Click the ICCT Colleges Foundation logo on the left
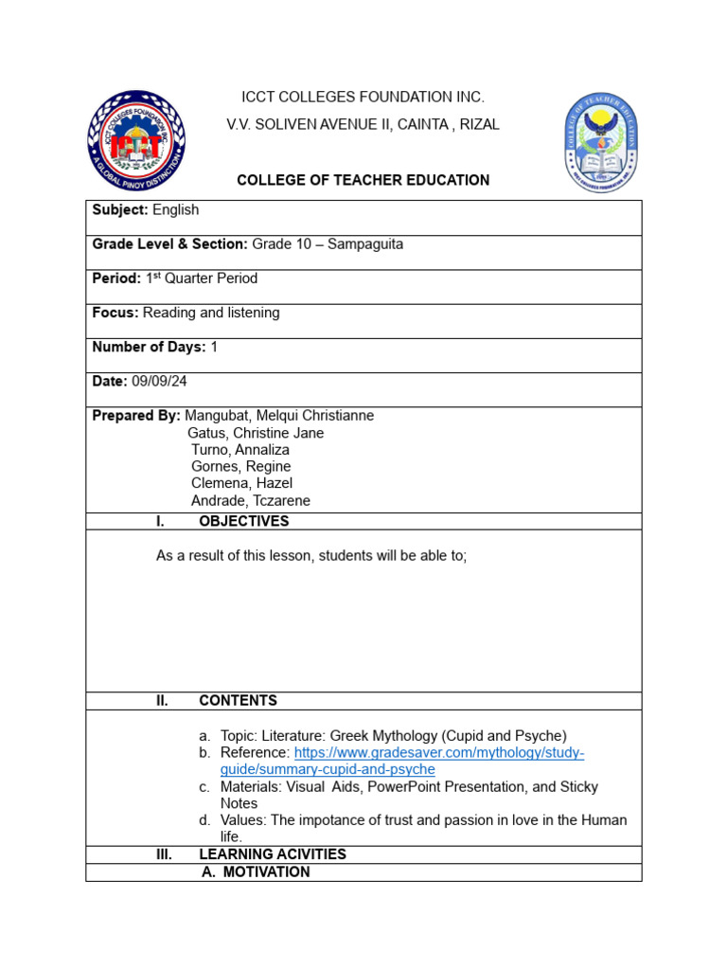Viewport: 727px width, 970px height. [136, 141]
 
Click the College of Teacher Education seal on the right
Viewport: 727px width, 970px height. [600, 143]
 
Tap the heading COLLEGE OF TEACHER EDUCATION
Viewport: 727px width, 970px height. [363, 180]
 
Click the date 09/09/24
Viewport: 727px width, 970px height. [160, 381]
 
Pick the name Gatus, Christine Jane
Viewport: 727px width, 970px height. [256, 433]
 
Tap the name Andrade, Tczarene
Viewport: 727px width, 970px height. [251, 501]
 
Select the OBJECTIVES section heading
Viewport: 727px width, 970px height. [244, 521]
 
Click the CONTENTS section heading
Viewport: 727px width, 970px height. [239, 701]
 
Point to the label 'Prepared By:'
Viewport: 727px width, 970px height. [136, 416]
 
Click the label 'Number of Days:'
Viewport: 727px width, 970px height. [149, 348]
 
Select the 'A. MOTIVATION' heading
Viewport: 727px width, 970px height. [256, 872]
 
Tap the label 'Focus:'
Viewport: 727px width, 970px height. [115, 313]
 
